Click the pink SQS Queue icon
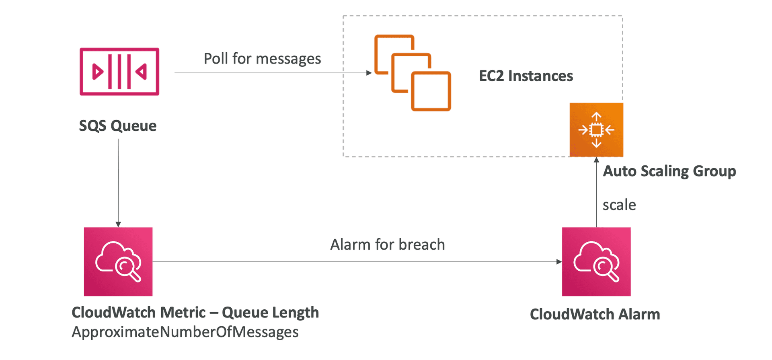pyautogui.click(x=119, y=72)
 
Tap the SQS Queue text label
pyautogui.click(x=117, y=126)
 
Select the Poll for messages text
pyautogui.click(x=262, y=59)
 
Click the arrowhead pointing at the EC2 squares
pyautogui.click(x=369, y=73)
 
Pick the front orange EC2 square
pyautogui.click(x=431, y=91)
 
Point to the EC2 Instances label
pyautogui.click(x=526, y=76)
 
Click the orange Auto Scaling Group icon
pyautogui.click(x=596, y=130)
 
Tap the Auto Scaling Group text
pyautogui.click(x=669, y=171)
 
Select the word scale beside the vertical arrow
pyautogui.click(x=619, y=205)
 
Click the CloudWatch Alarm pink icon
pyautogui.click(x=596, y=261)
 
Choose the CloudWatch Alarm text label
pyautogui.click(x=595, y=314)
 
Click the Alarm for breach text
pyautogui.click(x=388, y=245)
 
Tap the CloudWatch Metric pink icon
pyautogui.click(x=118, y=261)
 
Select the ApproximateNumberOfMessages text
pyautogui.click(x=185, y=332)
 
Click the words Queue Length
pyautogui.click(x=270, y=313)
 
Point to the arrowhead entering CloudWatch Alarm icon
pyautogui.click(x=559, y=262)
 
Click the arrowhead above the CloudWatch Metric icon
pyautogui.click(x=118, y=224)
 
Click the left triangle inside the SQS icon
pyautogui.click(x=97, y=72)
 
